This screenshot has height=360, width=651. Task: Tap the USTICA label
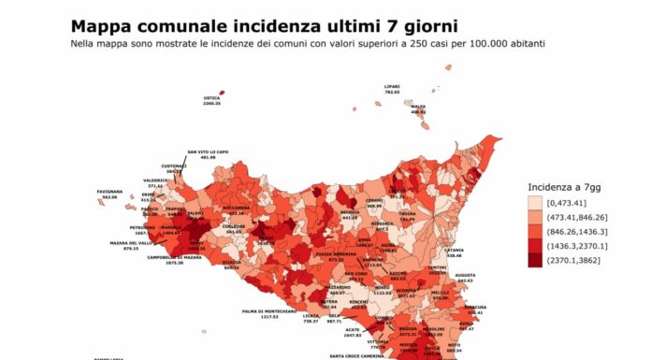[212, 98]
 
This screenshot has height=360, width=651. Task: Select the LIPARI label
[392, 87]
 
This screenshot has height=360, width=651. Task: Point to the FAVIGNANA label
[109, 192]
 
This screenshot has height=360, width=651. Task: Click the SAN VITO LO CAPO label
[207, 151]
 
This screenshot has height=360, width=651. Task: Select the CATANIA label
[455, 250]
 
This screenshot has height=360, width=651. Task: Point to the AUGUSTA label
[465, 275]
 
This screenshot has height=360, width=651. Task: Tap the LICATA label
[311, 316]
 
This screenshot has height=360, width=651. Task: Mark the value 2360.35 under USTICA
[212, 104]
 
